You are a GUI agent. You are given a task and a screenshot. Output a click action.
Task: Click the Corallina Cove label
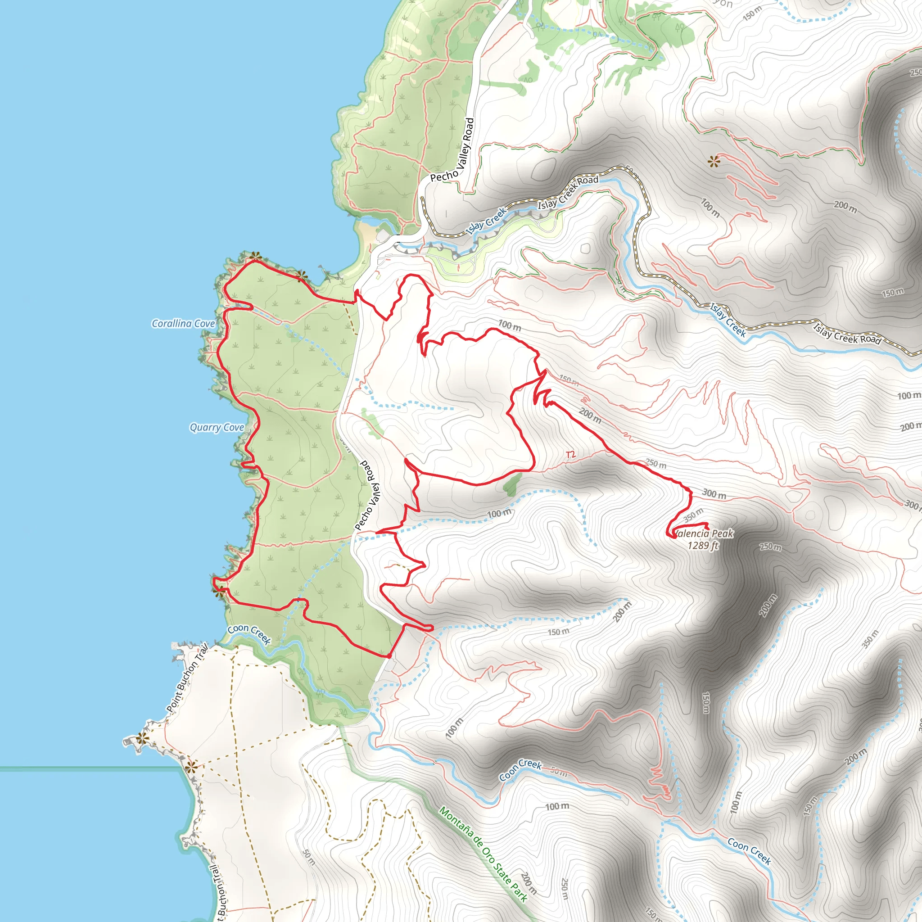pos(183,324)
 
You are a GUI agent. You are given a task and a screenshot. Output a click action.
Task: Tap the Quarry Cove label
pos(217,428)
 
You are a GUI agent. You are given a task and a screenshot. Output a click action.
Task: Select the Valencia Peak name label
pos(705,533)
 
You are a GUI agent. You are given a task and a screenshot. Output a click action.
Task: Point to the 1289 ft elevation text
pos(703,546)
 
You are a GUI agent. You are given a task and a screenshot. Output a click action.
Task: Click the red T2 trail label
pos(570,455)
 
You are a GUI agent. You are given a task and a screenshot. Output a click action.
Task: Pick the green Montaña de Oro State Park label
pos(483,854)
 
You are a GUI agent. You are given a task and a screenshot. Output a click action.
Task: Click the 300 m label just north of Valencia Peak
pos(714,494)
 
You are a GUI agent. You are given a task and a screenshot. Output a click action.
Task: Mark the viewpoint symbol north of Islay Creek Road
pos(714,162)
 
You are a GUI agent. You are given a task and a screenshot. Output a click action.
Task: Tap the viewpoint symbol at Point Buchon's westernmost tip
pos(141,739)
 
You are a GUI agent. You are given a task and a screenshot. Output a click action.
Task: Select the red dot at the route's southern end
pos(389,656)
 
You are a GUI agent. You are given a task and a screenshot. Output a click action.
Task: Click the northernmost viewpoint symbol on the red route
pos(256,256)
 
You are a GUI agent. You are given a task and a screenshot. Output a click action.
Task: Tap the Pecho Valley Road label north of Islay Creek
pos(452,150)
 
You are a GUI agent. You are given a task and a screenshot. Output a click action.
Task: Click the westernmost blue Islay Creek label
pos(485,221)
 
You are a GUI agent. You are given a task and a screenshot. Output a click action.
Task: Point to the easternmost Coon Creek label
pos(749,851)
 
